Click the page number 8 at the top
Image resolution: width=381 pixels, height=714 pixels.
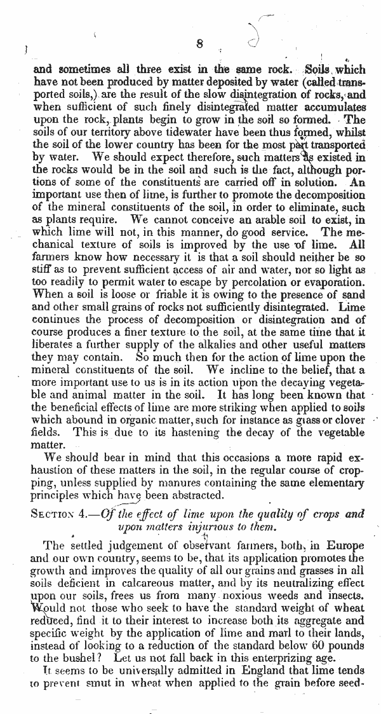[x=199, y=45]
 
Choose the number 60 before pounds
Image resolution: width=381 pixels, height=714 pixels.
[x=302, y=645]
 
